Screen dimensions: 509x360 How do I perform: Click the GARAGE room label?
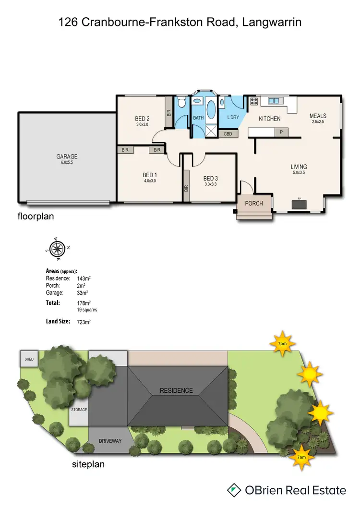coord(67,157)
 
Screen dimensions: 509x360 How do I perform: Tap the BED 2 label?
coord(143,119)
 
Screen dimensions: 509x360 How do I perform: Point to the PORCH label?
coord(254,203)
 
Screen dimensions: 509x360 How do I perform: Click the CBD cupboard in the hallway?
coord(228,134)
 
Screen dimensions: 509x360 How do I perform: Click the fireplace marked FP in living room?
coord(299,204)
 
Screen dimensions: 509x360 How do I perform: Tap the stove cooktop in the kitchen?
coord(253,101)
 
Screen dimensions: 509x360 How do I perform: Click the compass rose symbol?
coord(58,248)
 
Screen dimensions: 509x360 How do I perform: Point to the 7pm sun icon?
coord(282,343)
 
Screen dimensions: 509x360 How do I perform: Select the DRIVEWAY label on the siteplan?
coord(110,441)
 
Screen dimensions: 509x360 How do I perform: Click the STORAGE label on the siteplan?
coord(79,410)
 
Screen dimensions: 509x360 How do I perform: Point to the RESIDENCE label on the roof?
coord(176,390)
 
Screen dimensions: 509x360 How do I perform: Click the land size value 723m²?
coord(84,322)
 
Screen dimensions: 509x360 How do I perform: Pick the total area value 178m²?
coord(84,303)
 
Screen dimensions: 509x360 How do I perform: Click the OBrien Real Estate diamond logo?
coord(234,490)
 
